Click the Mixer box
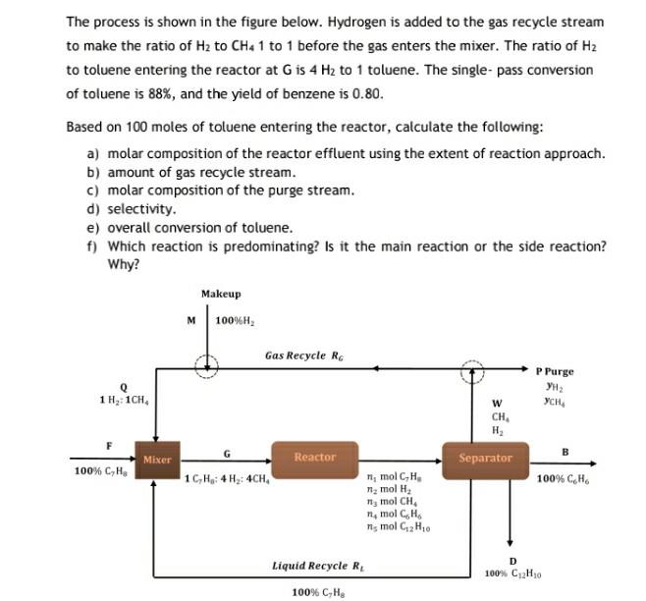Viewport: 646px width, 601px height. click(x=156, y=460)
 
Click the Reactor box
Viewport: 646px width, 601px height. click(x=315, y=458)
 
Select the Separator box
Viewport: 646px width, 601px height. click(x=485, y=459)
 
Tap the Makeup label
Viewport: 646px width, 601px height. click(x=220, y=295)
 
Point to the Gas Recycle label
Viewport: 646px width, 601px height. click(x=304, y=355)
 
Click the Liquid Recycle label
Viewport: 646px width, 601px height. click(x=310, y=566)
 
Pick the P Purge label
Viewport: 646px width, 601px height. click(x=555, y=371)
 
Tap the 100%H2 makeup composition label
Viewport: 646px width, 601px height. click(x=236, y=321)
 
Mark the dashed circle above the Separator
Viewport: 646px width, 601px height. click(x=474, y=369)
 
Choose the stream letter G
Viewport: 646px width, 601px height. click(x=227, y=453)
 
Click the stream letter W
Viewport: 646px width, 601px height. click(x=497, y=403)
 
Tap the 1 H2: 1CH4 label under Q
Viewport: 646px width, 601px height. click(x=123, y=399)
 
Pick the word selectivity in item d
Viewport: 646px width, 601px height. click(x=141, y=208)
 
